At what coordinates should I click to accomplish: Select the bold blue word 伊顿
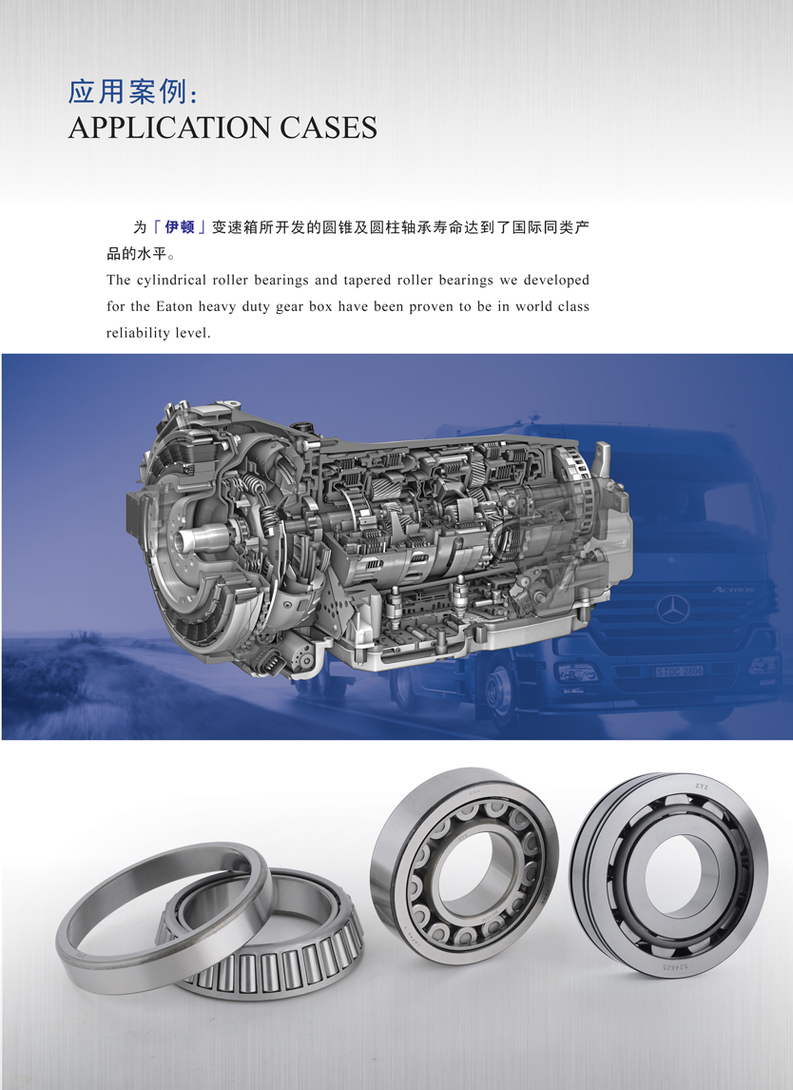(180, 226)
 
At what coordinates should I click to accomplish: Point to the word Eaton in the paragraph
(174, 306)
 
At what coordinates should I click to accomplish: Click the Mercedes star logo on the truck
(673, 610)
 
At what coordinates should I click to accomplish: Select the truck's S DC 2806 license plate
(680, 671)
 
